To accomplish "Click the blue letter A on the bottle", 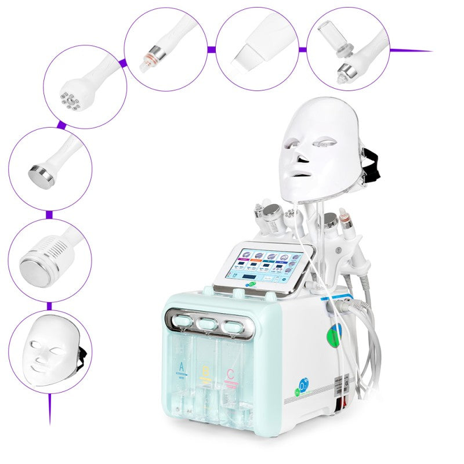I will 182,367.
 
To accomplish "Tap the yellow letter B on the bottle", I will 204,371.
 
